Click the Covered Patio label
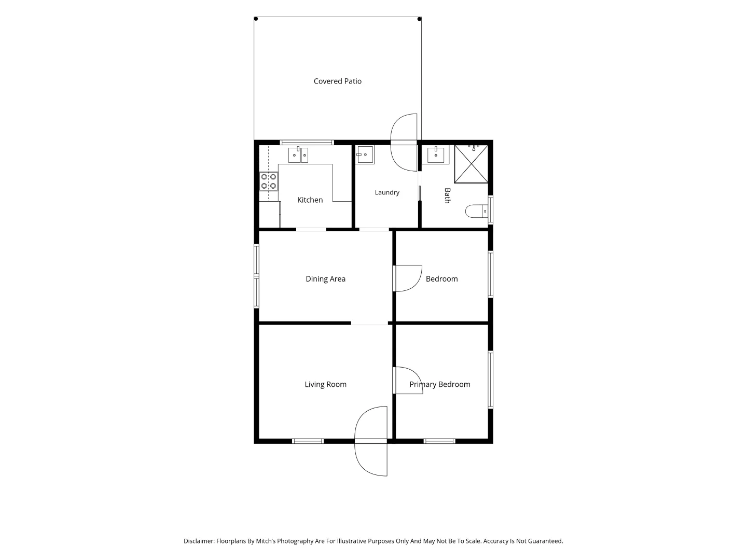click(337, 81)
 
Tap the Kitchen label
click(310, 200)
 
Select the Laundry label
click(387, 192)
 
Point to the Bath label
click(448, 195)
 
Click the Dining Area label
click(325, 279)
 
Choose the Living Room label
click(325, 384)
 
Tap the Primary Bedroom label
click(440, 384)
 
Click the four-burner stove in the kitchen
click(269, 181)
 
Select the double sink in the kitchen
click(298, 155)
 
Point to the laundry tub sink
click(365, 155)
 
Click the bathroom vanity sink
click(436, 155)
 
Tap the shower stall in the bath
click(471, 164)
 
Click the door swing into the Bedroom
click(408, 278)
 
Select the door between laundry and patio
click(404, 143)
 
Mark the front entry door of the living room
click(370, 441)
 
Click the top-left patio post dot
click(256, 19)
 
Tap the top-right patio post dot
click(419, 19)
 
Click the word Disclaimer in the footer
click(199, 541)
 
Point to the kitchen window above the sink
click(307, 143)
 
